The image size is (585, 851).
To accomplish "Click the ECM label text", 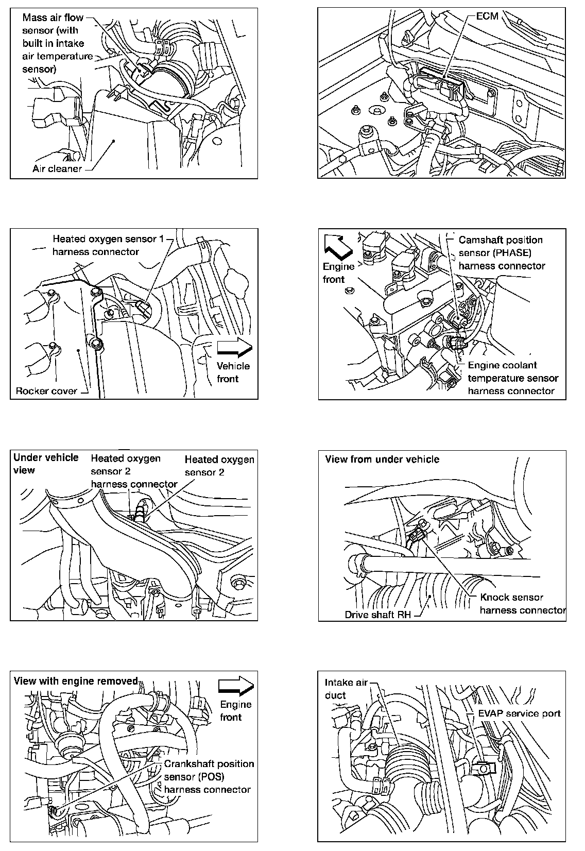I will point(487,16).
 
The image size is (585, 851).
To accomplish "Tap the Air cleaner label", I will point(57,168).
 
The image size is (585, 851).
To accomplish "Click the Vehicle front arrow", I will point(234,348).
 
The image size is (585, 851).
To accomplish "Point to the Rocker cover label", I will point(46,390).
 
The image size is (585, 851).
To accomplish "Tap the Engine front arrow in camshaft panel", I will point(337,245).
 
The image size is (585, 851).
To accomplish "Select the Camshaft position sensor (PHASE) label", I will point(502,253).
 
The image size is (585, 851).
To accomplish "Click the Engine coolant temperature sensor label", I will point(512,378).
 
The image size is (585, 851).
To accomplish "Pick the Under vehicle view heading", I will point(46,463).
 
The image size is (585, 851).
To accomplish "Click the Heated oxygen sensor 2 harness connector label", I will point(134,471).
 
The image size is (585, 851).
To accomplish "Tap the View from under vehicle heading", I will point(382,459).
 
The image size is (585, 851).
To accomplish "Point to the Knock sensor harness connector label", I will point(522,604).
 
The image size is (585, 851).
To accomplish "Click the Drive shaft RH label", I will point(377,615).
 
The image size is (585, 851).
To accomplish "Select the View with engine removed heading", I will point(76,681).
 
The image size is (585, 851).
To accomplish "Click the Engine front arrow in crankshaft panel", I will point(236,686).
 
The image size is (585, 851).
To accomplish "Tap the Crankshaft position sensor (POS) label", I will point(209,776).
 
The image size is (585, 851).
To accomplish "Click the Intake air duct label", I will point(346,689).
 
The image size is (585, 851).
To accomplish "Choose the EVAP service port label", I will point(519,713).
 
